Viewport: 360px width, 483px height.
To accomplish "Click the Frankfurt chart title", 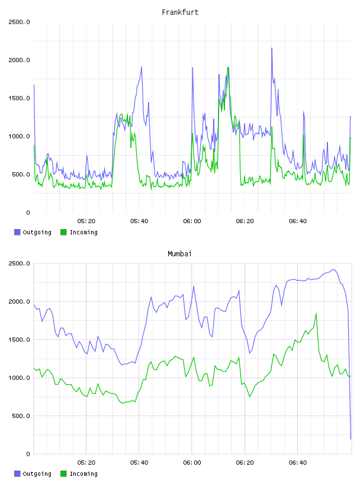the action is coord(180,12).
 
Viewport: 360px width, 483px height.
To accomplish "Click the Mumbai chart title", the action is coord(179,254).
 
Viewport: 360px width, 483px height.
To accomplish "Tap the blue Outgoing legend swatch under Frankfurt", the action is coord(17,232).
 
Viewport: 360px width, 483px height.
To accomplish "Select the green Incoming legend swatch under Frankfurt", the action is coord(63,232).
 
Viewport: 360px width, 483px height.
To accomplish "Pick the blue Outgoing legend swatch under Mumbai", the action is coord(17,474).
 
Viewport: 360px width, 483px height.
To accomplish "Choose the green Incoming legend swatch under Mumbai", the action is coord(63,474).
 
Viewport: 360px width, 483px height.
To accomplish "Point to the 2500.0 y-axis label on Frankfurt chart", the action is coord(19,22).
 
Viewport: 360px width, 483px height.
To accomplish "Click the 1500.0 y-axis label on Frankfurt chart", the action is coord(19,98).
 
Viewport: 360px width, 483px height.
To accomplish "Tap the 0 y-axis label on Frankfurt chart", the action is coord(28,212).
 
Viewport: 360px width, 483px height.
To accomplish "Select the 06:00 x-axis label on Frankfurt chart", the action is coord(192,221).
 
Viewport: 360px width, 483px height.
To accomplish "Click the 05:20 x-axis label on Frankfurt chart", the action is coord(86,221).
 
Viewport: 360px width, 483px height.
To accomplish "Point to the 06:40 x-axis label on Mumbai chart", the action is coord(298,463).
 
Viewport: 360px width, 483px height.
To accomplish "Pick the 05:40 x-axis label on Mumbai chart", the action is coord(139,463).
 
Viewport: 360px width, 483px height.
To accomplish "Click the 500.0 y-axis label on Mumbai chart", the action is coord(21,416).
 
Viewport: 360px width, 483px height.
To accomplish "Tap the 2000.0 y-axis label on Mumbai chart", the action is coord(19,301).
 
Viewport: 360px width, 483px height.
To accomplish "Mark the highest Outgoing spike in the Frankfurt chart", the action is coord(272,48).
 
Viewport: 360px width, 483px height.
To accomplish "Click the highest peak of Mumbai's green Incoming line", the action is coord(316,314).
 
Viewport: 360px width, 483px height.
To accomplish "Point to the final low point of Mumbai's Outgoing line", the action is coord(351,439).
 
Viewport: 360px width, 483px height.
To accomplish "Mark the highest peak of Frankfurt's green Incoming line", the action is coord(228,67).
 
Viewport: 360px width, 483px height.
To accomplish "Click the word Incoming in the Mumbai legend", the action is coord(83,474).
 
